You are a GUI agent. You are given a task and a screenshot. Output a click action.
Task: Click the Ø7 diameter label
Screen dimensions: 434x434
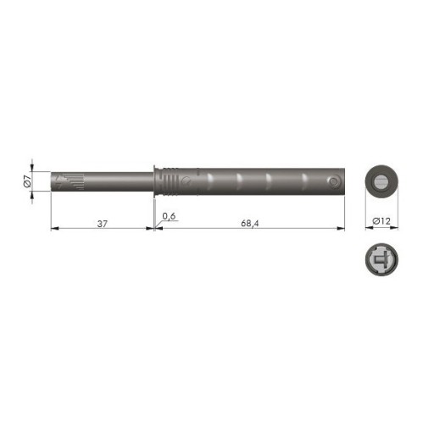click(27, 181)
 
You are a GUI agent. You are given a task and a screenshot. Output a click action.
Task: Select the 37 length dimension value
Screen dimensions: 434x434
click(103, 224)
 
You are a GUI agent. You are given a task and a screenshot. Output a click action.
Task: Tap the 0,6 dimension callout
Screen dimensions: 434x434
click(169, 216)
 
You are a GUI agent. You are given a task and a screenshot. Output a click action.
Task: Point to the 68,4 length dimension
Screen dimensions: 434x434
click(249, 224)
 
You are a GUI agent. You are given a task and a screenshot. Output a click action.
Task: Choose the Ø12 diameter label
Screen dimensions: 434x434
click(381, 221)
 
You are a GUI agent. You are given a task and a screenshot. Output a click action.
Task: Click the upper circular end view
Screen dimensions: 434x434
click(381, 181)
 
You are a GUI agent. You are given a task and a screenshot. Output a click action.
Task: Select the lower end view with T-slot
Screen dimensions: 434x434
click(381, 259)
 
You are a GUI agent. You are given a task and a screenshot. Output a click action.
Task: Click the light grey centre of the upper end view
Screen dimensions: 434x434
click(381, 181)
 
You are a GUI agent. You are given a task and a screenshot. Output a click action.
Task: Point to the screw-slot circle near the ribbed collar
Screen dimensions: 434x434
click(186, 181)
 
